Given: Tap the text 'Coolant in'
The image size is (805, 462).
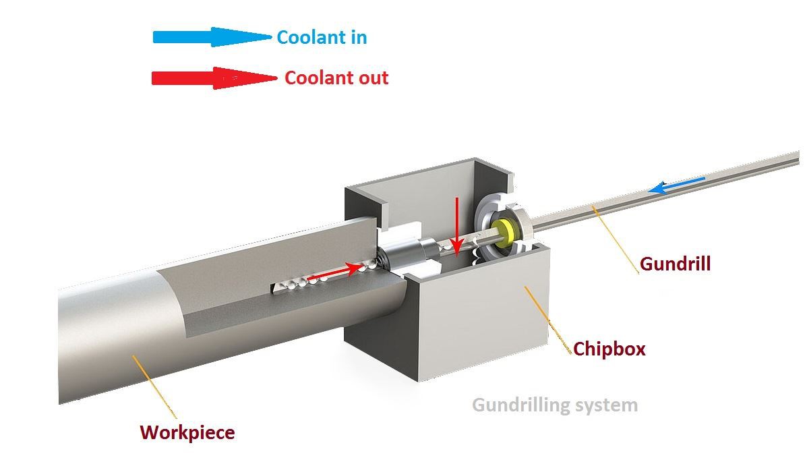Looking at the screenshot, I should point(322,37).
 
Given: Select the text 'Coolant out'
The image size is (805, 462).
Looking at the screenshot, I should point(336,78).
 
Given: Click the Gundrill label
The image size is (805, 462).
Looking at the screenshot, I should point(675,263).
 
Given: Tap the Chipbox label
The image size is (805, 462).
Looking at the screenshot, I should point(609,349).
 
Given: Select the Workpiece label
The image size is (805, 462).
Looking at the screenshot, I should point(187,432).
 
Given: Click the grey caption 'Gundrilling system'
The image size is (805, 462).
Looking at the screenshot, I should point(554,405).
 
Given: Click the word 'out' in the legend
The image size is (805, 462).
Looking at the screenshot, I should point(374,78).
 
